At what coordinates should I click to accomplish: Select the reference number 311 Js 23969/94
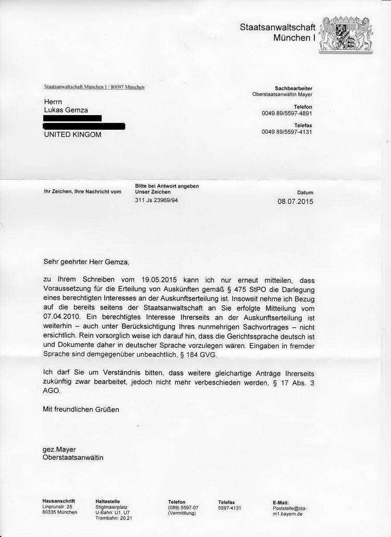coord(156,200)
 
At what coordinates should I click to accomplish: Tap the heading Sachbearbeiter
coord(294,89)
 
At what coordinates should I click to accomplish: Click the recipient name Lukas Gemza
coord(65,110)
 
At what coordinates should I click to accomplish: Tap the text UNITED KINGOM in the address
coord(72,134)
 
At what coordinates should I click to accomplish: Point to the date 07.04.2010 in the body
coord(62,315)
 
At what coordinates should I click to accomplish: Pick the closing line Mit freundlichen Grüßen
coord(81,409)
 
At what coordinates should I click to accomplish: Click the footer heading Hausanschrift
coord(58,502)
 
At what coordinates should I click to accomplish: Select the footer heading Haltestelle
coord(107,502)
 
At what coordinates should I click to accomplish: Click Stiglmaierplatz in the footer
coord(111,507)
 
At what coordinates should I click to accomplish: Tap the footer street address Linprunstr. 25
coord(57,507)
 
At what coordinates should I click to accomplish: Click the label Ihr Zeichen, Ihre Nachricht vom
coord(82,192)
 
